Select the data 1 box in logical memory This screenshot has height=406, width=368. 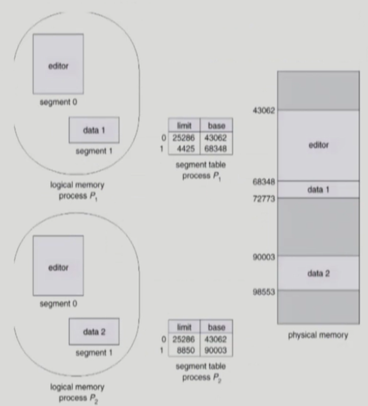[94, 130]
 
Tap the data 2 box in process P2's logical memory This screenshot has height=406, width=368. [94, 332]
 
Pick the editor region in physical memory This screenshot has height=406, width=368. [318, 145]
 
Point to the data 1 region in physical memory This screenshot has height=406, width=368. [318, 189]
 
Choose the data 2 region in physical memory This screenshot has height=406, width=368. [318, 273]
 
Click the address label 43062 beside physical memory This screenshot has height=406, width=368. [264, 110]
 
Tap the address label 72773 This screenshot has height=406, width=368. [264, 198]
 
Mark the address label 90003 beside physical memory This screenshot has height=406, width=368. [264, 257]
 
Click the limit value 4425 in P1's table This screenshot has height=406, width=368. [185, 149]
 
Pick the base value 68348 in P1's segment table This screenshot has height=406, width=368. [216, 149]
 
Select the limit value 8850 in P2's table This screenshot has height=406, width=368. [185, 351]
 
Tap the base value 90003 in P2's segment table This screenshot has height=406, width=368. [216, 351]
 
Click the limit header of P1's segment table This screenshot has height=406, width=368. [184, 125]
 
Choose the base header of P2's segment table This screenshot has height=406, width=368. [216, 327]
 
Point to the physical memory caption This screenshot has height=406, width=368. [318, 335]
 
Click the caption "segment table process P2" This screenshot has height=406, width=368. [200, 371]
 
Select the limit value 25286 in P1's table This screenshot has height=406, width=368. [184, 137]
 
